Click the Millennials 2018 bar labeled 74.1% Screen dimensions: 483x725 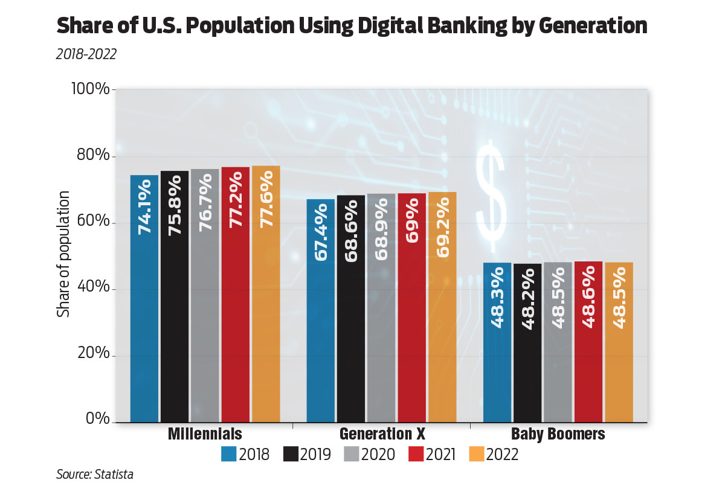click(x=144, y=299)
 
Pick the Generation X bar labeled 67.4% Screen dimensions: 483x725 click(x=321, y=310)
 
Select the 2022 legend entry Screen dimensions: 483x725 click(x=493, y=454)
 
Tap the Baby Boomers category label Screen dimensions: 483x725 click(x=558, y=434)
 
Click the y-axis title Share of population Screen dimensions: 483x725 click(x=63, y=254)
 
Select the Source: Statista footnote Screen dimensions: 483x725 click(x=95, y=474)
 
